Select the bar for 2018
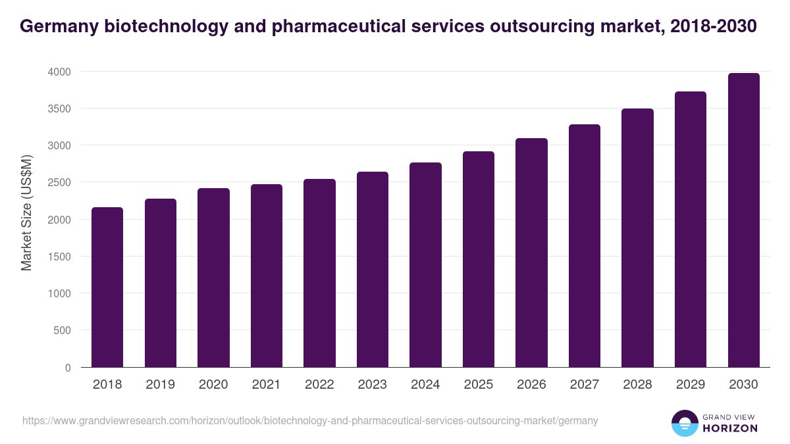[107, 287]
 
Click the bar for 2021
[267, 276]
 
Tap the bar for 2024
[425, 265]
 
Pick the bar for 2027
[585, 246]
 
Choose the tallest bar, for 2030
[743, 220]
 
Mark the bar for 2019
[161, 283]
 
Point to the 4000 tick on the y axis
[59, 72]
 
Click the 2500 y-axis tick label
[59, 183]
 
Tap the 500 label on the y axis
[61, 331]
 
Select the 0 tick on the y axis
[67, 368]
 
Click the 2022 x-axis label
[319, 385]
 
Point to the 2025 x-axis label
[479, 385]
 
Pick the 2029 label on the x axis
[691, 385]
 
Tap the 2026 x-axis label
[531, 385]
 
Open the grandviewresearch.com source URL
[310, 420]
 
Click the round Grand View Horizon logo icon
[684, 424]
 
